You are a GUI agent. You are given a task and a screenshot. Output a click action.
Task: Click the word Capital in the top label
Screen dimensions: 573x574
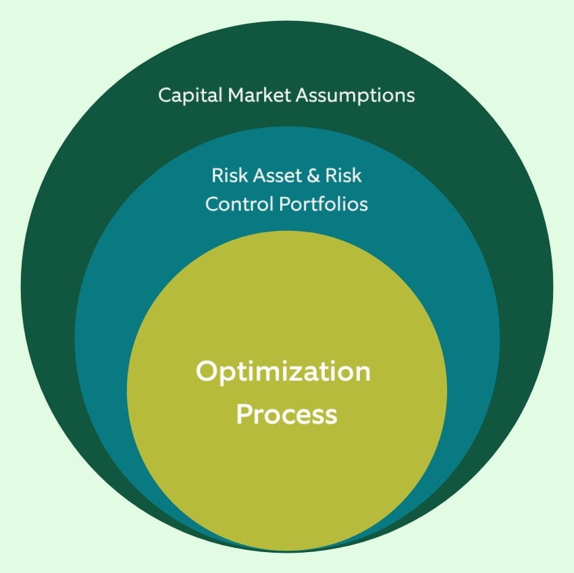[x=185, y=95]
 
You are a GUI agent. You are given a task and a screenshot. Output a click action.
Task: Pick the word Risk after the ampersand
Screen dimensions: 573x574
[x=344, y=175]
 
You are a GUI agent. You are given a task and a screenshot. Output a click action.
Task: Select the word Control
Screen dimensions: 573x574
[x=234, y=204]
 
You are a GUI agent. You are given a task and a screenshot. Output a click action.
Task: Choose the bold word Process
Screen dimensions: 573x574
[x=286, y=414]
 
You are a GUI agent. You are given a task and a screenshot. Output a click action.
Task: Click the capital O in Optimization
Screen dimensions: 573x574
[x=205, y=372]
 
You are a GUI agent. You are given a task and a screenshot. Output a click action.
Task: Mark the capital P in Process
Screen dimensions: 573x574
[x=243, y=414]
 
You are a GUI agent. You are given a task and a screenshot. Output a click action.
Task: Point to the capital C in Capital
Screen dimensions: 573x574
[x=164, y=95]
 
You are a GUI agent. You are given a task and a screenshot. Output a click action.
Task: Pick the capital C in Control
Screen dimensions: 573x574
[x=211, y=204]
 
